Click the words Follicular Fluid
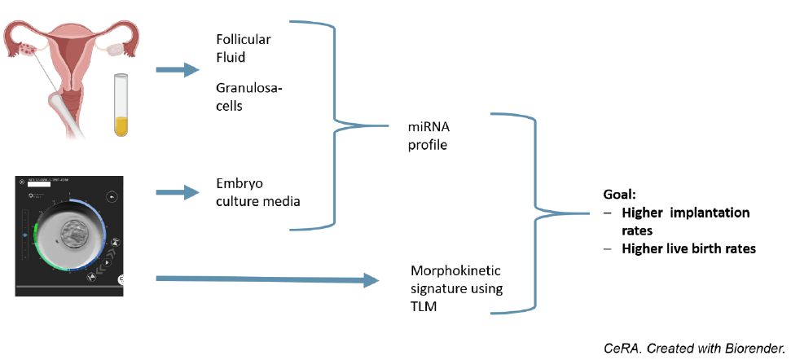point(244,48)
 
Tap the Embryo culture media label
point(258,192)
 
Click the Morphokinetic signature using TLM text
point(457,288)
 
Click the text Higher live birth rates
point(688,248)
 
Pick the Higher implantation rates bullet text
point(684,221)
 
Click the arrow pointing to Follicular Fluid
point(177,69)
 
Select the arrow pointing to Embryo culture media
point(177,192)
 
